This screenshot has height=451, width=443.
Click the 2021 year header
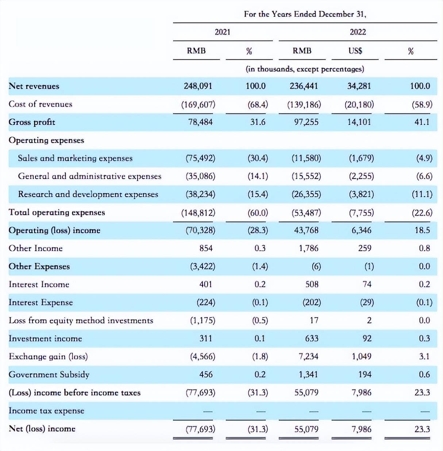[223, 32]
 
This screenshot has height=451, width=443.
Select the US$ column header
[355, 51]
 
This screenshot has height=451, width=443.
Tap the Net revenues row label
[34, 86]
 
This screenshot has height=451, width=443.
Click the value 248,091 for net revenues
[198, 86]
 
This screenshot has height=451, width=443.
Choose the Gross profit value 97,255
[306, 122]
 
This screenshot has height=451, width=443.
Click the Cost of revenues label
[41, 104]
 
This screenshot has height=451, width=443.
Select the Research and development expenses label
[88, 194]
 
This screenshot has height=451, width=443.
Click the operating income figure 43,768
[306, 230]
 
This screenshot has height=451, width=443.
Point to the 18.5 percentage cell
[422, 230]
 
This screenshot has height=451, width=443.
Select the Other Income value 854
[206, 248]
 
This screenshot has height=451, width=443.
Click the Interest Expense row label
[41, 302]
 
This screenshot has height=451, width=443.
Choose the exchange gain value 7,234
[308, 356]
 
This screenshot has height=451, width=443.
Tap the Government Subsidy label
[49, 374]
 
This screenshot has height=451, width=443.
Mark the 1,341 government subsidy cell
[308, 374]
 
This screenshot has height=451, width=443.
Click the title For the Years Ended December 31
[305, 14]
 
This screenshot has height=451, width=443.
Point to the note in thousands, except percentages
[305, 69]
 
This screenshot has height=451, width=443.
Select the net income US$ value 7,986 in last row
[361, 429]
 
